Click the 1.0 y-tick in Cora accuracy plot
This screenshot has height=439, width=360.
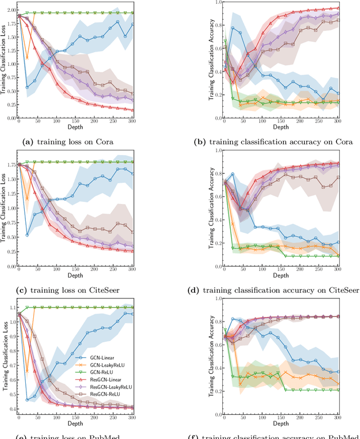[x=211, y=3]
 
